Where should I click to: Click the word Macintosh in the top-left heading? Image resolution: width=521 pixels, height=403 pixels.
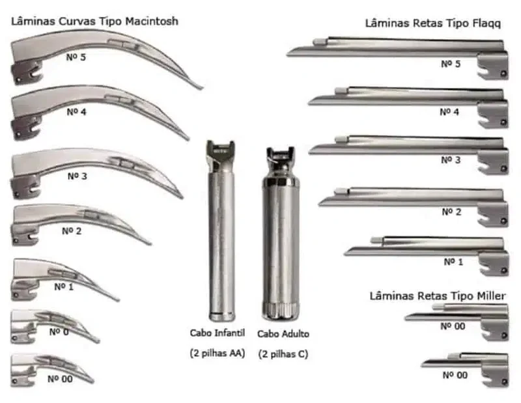(x=152, y=21)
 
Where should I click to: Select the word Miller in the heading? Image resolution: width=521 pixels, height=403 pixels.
(x=492, y=296)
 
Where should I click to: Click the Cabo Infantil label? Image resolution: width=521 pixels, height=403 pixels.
(x=218, y=333)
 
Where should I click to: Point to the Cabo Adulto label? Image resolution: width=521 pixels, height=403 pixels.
(x=283, y=333)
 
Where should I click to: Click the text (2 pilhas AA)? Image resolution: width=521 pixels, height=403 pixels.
(x=218, y=353)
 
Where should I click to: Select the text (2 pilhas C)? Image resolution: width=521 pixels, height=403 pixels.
(x=283, y=354)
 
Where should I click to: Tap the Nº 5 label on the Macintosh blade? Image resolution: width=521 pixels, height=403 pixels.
(x=76, y=57)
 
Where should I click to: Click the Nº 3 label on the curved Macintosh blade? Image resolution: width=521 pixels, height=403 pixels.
(x=77, y=176)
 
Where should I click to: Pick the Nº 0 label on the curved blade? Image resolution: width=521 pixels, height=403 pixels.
(x=59, y=331)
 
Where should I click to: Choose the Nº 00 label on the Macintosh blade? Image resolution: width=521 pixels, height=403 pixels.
(x=60, y=379)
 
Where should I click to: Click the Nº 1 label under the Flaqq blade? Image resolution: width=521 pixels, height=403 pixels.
(x=453, y=262)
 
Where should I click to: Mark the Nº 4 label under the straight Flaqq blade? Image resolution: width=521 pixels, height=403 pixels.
(x=449, y=112)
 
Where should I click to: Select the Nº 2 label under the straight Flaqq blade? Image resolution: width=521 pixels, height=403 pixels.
(x=451, y=212)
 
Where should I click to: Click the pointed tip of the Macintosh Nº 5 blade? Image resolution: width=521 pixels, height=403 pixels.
(x=201, y=88)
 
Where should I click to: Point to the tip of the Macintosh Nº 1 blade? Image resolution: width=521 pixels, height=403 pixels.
(x=118, y=300)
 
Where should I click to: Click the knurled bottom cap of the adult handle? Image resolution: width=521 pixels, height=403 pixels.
(x=281, y=311)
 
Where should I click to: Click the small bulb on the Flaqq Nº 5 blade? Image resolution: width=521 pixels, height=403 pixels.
(x=320, y=42)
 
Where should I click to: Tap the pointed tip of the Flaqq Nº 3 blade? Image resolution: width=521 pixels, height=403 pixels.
(x=311, y=152)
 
